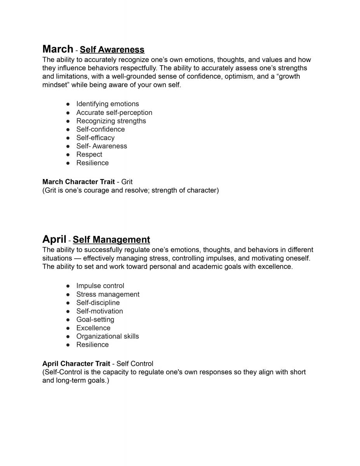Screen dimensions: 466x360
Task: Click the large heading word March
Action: tap(57, 49)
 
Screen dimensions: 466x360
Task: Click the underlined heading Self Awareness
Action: tap(112, 50)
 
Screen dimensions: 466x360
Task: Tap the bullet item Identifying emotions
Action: tap(107, 104)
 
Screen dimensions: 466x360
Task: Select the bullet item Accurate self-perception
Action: tap(114, 113)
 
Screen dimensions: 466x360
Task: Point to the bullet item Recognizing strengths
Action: tap(111, 121)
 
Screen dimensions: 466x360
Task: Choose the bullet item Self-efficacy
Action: tap(95, 138)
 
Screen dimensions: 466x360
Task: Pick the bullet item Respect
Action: tap(89, 155)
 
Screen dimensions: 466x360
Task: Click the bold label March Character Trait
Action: tap(78, 182)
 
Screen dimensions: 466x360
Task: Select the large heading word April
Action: tap(54, 239)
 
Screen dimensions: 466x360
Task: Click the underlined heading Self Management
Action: tap(111, 240)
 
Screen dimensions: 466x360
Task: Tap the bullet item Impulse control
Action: tap(100, 286)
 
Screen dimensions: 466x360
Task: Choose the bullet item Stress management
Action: tap(108, 294)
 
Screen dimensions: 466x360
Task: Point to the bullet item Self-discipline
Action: tap(98, 303)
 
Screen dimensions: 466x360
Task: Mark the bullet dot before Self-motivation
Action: tap(68, 311)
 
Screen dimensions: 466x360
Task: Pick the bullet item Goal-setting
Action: tap(95, 320)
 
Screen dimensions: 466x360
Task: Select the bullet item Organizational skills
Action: tap(107, 336)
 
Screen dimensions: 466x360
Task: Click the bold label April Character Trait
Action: tap(76, 364)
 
